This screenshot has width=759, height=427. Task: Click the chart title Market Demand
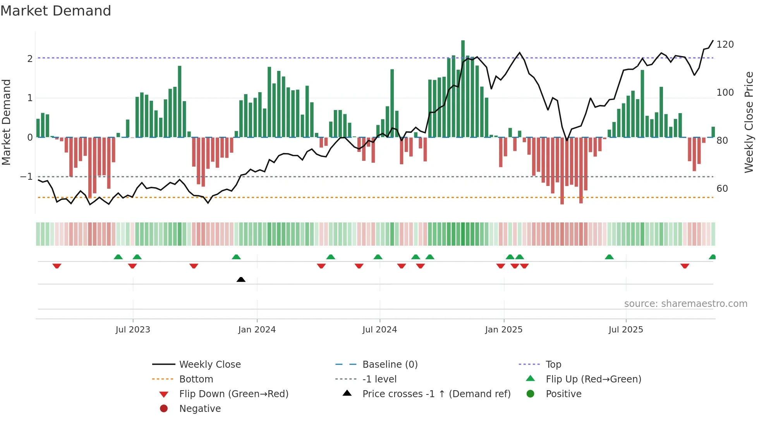(x=56, y=11)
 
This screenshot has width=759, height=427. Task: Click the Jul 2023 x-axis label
(x=133, y=330)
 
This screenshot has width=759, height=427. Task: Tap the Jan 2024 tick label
(x=257, y=330)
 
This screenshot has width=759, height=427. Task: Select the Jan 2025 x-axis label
(x=503, y=330)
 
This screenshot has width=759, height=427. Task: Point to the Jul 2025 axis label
(x=625, y=330)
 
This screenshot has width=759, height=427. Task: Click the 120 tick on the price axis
(x=725, y=45)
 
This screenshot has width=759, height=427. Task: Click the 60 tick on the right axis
(x=722, y=189)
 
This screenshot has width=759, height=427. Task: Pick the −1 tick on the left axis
(x=27, y=177)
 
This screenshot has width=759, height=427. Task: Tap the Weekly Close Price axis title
(x=749, y=122)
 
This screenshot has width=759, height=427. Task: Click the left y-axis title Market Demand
(x=6, y=122)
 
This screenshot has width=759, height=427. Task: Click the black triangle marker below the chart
(x=241, y=279)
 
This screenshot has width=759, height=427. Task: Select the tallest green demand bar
(x=463, y=89)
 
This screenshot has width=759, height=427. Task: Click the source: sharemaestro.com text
(x=685, y=304)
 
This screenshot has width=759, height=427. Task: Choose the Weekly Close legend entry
(x=209, y=365)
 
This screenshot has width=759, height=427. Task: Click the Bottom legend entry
(x=196, y=379)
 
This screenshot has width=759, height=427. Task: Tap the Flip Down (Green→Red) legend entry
(x=234, y=394)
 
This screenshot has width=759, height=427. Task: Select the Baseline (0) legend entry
(x=390, y=365)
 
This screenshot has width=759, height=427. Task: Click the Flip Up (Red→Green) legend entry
(x=593, y=379)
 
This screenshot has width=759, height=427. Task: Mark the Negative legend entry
(x=200, y=409)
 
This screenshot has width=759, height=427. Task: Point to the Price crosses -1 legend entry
(x=436, y=394)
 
